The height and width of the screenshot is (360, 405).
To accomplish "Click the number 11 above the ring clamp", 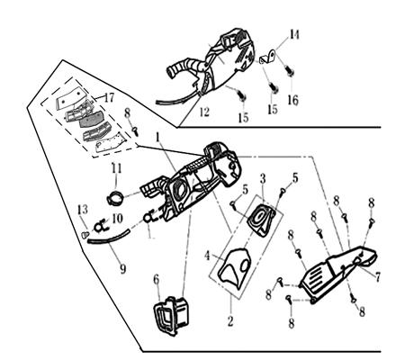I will pos(115,168).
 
